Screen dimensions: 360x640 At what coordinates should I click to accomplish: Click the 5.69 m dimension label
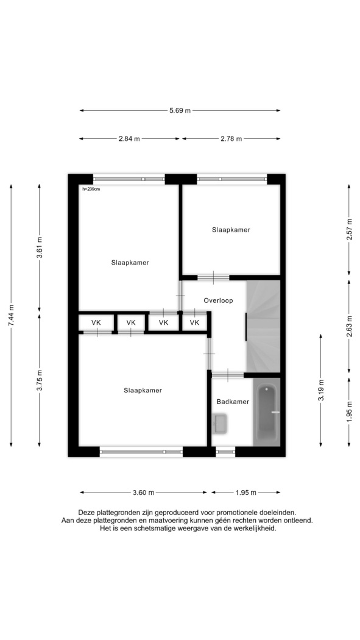point(180,110)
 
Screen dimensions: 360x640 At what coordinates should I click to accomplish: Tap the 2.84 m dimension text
point(129,139)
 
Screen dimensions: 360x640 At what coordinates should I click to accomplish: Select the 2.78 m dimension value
point(231,139)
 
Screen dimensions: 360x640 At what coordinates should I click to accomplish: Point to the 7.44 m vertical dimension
point(11,316)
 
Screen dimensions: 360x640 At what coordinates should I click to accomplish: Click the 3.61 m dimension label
point(40,247)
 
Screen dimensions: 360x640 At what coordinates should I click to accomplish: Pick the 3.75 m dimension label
point(40,380)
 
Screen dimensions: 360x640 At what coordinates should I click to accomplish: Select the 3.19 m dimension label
point(321,391)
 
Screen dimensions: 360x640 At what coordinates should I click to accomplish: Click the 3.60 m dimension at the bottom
point(144,492)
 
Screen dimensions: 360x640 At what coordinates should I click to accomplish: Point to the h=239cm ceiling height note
point(91,189)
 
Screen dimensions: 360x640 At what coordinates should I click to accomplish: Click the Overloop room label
point(218,301)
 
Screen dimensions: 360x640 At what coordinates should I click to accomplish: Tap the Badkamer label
point(233,402)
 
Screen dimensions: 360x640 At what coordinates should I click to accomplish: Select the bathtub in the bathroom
point(267,412)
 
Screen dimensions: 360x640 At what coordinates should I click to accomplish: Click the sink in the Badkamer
point(220,424)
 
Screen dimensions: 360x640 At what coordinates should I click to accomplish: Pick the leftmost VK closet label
point(96,323)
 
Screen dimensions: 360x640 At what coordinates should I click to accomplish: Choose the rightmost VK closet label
point(194,323)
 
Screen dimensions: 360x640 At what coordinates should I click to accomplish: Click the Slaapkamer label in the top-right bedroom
point(231,230)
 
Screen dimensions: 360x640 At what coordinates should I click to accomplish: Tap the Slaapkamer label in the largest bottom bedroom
point(143,391)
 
